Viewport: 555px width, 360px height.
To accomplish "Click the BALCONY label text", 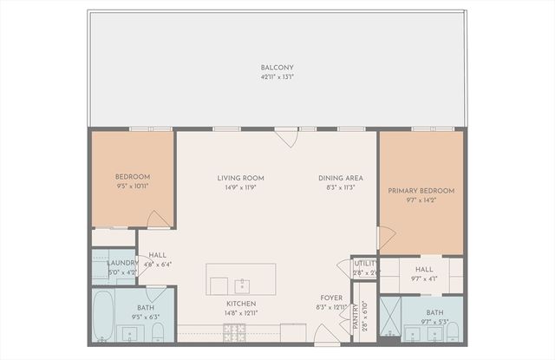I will (x=277, y=68).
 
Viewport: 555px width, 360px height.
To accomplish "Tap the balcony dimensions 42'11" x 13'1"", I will (x=277, y=76).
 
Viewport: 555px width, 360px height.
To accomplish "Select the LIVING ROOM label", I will (x=240, y=178).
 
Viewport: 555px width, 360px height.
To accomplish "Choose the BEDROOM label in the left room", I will (x=133, y=177).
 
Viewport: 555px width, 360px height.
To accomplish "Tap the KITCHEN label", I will (x=240, y=304).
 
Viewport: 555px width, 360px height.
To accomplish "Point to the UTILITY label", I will (x=364, y=264).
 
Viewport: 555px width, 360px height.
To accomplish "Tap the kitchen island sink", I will (x=243, y=285).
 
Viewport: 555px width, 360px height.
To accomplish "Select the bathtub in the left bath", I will (x=103, y=317).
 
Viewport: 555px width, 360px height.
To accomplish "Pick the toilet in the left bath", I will (x=157, y=332).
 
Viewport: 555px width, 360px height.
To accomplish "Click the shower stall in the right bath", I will (x=389, y=318).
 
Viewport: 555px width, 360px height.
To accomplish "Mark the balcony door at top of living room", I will (x=285, y=137).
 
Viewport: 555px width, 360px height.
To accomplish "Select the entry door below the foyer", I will (x=326, y=333).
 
